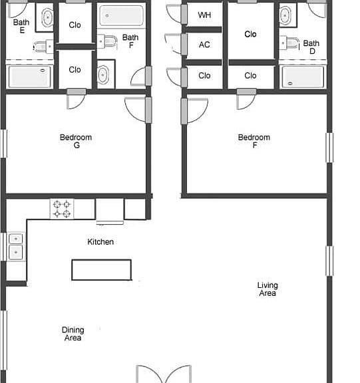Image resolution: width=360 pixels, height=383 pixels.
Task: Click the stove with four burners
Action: [62, 209]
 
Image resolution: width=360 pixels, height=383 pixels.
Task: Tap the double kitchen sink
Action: [16, 246]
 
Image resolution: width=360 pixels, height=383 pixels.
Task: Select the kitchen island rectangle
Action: [101, 270]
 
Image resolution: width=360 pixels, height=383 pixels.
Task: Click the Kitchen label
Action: [100, 242]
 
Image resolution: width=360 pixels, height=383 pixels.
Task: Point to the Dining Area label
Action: [73, 334]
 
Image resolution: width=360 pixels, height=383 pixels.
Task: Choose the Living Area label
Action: [268, 289]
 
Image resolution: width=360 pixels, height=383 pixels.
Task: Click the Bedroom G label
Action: [76, 141]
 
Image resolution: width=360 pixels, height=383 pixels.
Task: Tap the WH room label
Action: [204, 15]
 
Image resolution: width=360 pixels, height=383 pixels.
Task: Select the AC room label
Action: [204, 45]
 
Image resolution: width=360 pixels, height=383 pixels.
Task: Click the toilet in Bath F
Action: [107, 41]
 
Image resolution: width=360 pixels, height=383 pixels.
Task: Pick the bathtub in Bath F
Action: [122, 15]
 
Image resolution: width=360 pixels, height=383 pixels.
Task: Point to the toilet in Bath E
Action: [43, 47]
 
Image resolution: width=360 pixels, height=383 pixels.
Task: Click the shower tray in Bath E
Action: [29, 76]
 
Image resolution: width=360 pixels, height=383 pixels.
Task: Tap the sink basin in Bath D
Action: [285, 15]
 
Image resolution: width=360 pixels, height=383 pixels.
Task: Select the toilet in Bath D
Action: [289, 43]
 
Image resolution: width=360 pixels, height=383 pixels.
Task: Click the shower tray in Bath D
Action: [303, 77]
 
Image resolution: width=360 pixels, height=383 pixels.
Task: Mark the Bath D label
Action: [311, 47]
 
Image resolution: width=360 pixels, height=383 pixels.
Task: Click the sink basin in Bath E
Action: [47, 17]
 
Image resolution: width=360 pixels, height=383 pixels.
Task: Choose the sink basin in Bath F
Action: [103, 74]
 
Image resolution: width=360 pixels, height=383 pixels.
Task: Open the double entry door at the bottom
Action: [164, 374]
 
